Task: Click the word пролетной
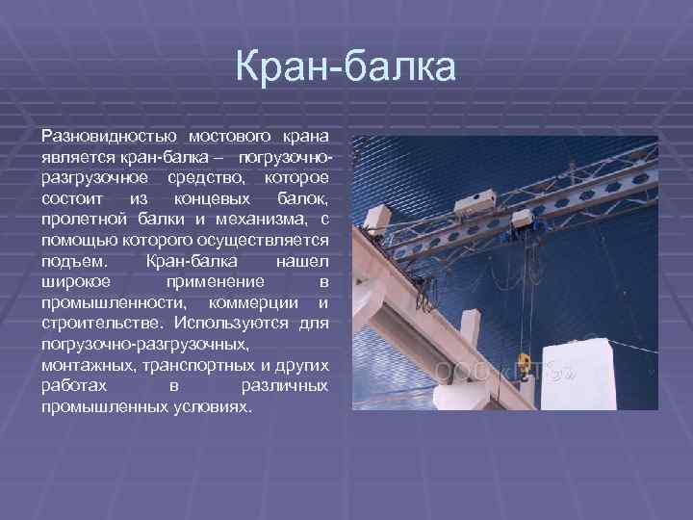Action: coord(79,219)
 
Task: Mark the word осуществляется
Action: coord(258,240)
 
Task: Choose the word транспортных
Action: coord(192,366)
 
